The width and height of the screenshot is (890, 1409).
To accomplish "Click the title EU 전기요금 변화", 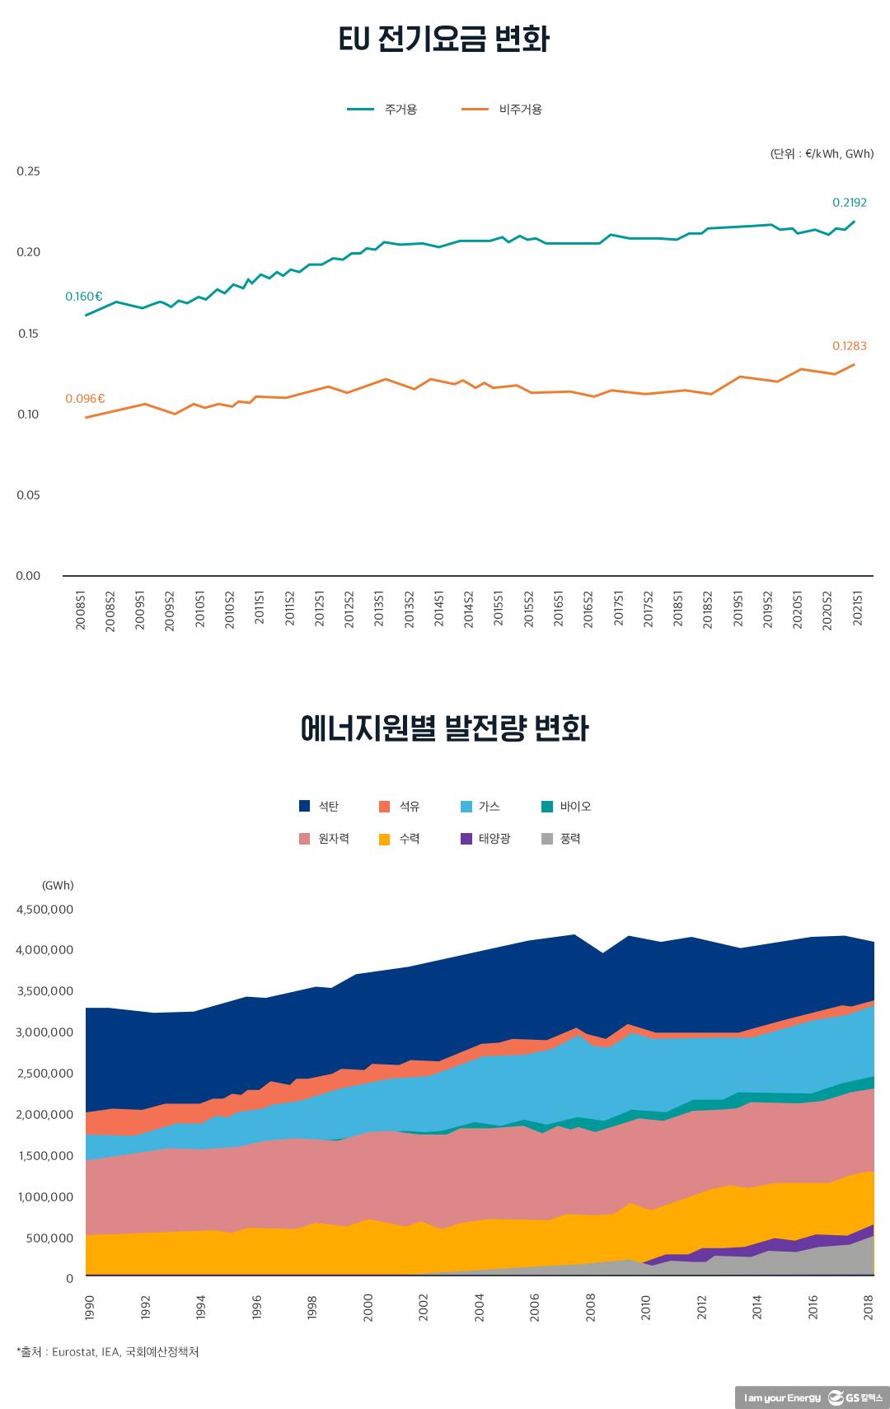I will click(444, 40).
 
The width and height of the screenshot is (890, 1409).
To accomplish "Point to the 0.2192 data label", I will click(849, 203).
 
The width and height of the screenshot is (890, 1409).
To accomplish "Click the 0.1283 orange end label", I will click(849, 346).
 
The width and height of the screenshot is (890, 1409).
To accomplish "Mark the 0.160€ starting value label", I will click(84, 297).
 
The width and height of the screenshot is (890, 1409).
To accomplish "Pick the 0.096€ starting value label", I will click(85, 399).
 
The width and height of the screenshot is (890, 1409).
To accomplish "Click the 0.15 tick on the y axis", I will click(28, 334).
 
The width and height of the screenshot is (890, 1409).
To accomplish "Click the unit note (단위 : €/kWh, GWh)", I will click(822, 154).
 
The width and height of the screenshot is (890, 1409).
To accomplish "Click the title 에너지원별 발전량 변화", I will click(444, 729).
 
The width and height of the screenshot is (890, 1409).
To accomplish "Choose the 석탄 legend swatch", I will click(305, 806).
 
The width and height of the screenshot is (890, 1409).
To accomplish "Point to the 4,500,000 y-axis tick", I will click(44, 910).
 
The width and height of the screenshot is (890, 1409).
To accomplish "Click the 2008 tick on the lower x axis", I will click(590, 1308).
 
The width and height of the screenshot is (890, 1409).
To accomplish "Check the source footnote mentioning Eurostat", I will click(107, 1352).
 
